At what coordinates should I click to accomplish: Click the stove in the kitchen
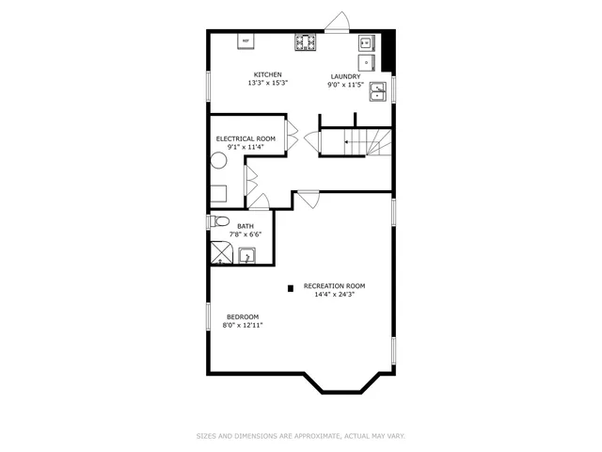[305, 41]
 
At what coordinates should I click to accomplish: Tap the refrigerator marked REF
[246, 41]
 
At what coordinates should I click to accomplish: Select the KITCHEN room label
[267, 75]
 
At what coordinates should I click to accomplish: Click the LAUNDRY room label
[344, 76]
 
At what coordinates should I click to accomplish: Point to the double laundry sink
[377, 91]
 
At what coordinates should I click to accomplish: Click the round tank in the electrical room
[217, 160]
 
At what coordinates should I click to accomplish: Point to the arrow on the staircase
[348, 143]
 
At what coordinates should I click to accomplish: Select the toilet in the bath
[218, 222]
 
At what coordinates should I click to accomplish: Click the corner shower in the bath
[222, 252]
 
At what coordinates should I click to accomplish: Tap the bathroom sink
[246, 254]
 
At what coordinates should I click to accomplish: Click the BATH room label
[245, 226]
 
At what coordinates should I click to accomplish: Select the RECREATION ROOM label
[334, 285]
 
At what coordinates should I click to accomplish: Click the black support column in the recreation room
[291, 286]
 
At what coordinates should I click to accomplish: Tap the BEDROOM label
[243, 316]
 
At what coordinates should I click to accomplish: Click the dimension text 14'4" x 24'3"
[334, 294]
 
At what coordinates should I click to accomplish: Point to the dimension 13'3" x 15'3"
[267, 84]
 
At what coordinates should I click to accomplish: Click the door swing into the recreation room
[309, 200]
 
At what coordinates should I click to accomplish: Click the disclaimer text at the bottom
[300, 435]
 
